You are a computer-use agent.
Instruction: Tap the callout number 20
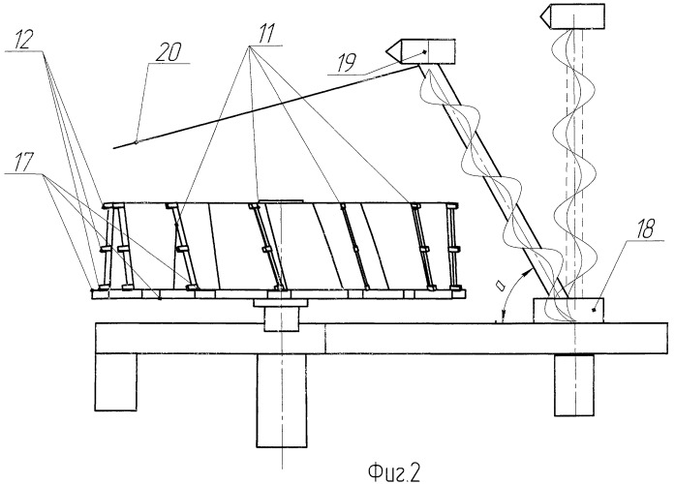(169, 53)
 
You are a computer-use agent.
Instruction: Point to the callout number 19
(346, 63)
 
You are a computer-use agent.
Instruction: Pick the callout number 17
(24, 164)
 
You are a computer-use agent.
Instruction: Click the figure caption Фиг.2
(394, 472)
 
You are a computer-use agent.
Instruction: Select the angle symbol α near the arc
(500, 285)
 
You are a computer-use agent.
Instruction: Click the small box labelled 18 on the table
(568, 310)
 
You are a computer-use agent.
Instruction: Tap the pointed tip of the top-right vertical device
(540, 16)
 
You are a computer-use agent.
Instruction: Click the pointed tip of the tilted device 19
(385, 51)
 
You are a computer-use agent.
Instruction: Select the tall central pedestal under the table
(282, 401)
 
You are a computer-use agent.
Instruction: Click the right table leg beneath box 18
(574, 385)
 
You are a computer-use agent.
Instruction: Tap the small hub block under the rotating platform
(281, 318)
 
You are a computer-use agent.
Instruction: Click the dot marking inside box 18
(594, 310)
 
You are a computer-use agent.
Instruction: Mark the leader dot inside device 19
(425, 52)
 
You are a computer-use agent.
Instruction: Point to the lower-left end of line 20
(113, 148)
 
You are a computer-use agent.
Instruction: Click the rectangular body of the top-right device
(578, 16)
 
